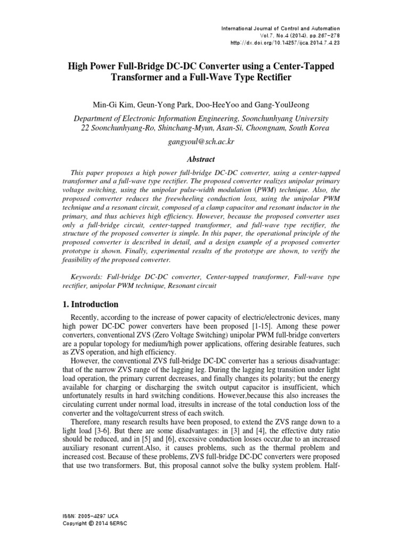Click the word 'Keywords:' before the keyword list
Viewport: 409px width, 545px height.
pos(88,277)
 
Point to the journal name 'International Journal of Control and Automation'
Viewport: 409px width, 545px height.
pos(287,28)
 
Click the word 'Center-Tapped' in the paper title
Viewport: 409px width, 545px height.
pos(291,67)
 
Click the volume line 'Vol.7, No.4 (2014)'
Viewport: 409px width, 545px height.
pos(288,35)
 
